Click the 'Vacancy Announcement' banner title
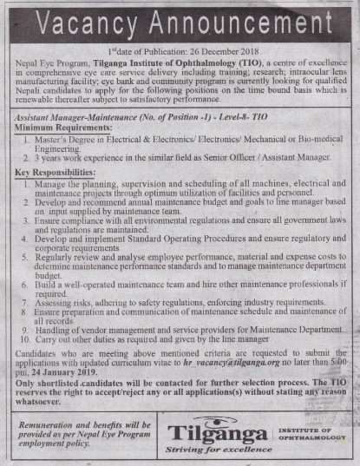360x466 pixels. click(x=180, y=20)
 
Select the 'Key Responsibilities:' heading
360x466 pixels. click(x=55, y=173)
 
